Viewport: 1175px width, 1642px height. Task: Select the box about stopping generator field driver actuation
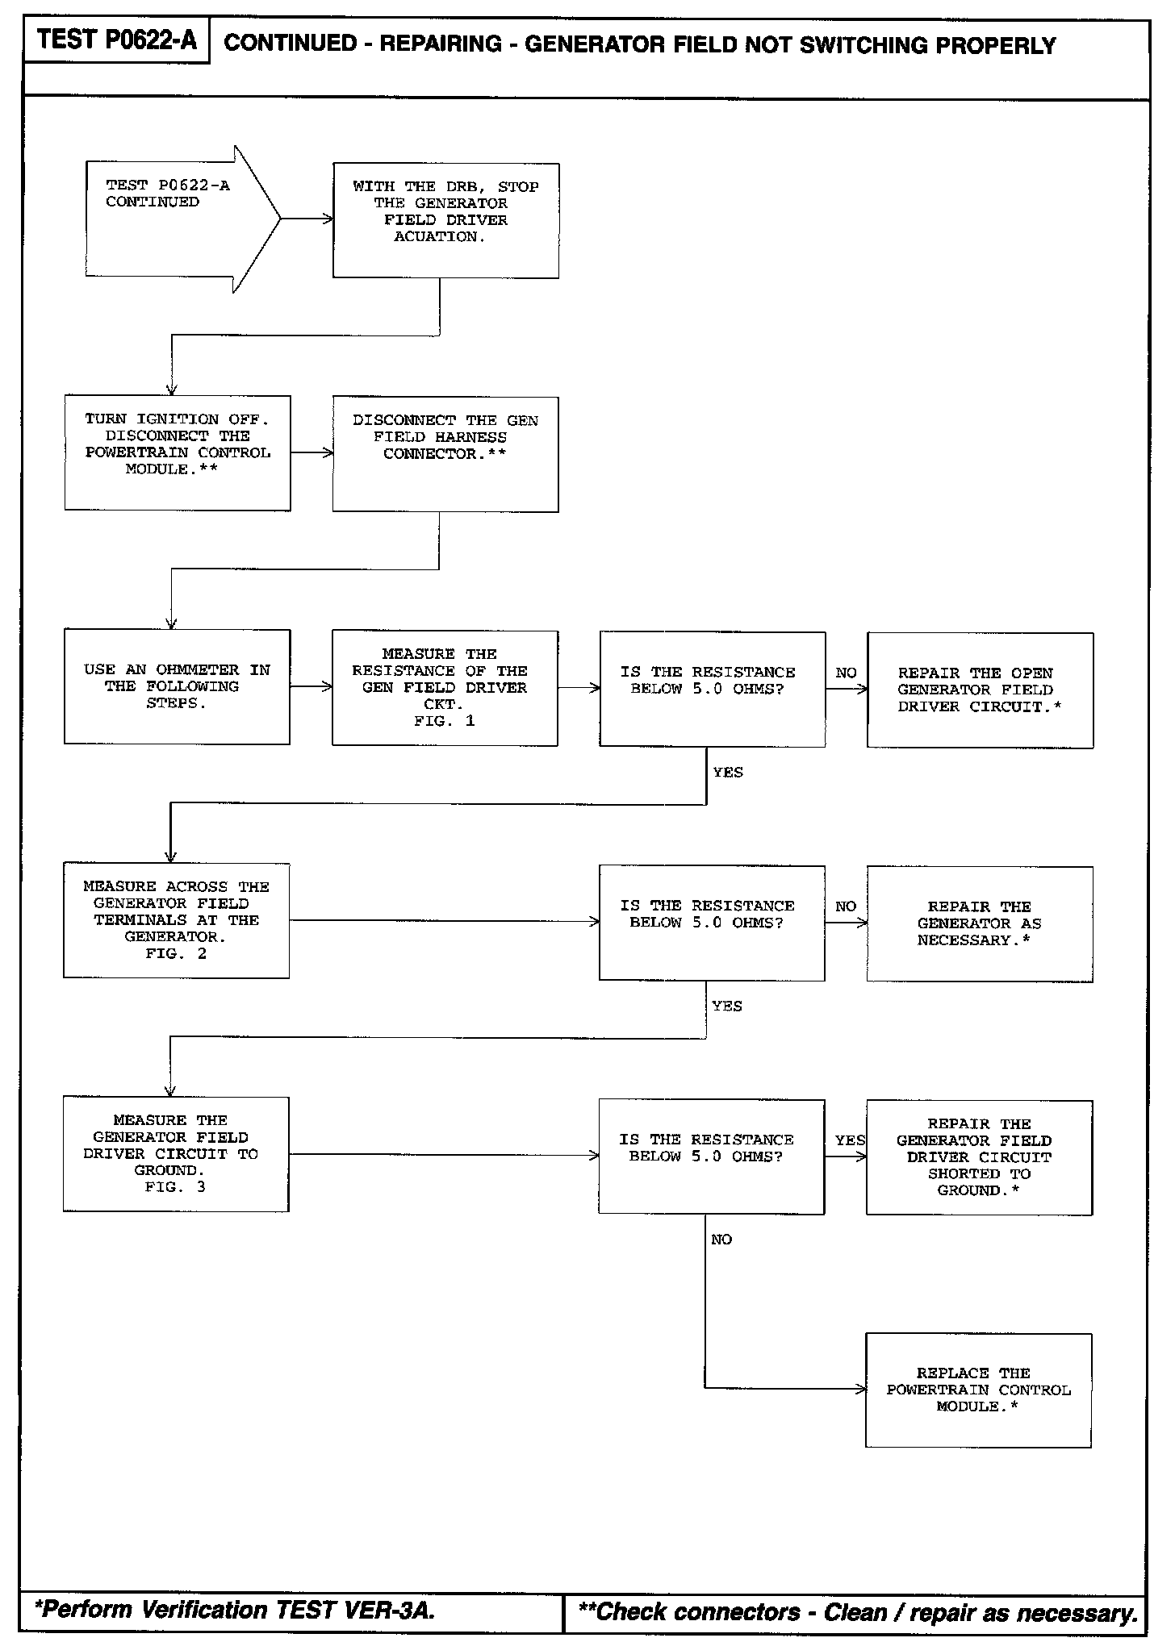[445, 220]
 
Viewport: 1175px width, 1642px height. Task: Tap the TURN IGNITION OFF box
[178, 452]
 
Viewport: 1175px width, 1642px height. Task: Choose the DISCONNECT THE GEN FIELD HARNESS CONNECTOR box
[445, 453]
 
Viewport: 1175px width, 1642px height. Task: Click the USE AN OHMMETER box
[177, 686]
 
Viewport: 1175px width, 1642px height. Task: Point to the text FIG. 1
[445, 721]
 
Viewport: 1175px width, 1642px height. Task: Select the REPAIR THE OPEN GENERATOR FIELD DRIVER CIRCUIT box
[980, 690]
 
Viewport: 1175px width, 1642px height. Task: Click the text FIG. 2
[176, 953]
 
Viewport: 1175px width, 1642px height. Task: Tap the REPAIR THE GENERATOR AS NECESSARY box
[980, 923]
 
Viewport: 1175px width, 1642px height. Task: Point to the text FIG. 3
[175, 1186]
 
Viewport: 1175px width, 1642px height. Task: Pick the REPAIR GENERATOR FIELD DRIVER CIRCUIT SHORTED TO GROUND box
[979, 1156]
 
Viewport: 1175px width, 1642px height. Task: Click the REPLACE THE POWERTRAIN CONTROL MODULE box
[978, 1390]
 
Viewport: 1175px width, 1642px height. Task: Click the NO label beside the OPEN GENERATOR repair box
[846, 673]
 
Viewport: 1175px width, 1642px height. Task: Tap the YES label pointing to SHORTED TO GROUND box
[850, 1140]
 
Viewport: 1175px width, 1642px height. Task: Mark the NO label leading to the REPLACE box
[721, 1239]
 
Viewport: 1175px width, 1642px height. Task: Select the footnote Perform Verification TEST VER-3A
[235, 1610]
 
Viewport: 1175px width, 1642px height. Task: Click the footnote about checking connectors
[858, 1612]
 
